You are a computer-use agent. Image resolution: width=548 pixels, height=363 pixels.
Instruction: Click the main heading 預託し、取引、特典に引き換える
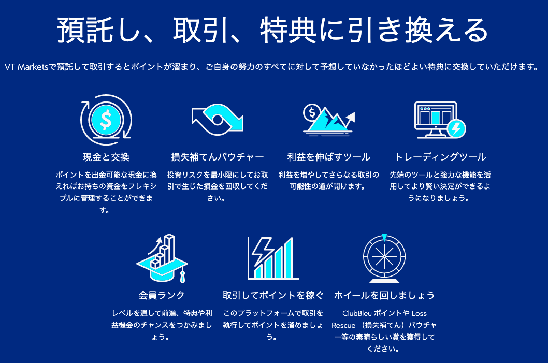(x=272, y=30)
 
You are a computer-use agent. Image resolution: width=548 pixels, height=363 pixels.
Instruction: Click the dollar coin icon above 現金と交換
(x=106, y=120)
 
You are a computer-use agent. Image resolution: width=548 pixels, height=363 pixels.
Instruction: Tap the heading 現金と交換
(x=106, y=157)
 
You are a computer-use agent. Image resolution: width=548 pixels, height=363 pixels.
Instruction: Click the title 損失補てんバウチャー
(x=218, y=157)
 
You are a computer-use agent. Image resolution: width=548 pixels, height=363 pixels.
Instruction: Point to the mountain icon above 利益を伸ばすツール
(x=329, y=120)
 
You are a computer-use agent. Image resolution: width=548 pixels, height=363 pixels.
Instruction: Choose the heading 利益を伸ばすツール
(x=329, y=157)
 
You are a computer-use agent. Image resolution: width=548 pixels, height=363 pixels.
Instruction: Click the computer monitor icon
(x=436, y=120)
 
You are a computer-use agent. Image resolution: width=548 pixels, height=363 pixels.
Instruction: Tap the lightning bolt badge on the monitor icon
(x=456, y=128)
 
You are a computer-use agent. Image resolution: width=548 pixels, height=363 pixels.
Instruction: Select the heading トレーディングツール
(x=440, y=157)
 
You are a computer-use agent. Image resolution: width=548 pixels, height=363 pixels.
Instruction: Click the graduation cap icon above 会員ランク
(x=162, y=258)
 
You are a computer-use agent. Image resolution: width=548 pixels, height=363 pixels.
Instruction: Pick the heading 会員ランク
(x=162, y=295)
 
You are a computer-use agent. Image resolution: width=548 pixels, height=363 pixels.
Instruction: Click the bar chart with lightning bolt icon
(x=273, y=258)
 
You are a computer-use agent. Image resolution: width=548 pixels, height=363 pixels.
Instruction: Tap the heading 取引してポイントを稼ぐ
(x=273, y=295)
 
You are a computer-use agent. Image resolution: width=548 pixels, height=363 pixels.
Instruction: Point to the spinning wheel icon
(x=384, y=258)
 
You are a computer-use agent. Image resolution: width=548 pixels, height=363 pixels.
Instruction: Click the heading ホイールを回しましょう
(x=384, y=295)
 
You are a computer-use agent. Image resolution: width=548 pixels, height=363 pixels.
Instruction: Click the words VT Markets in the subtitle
(x=26, y=67)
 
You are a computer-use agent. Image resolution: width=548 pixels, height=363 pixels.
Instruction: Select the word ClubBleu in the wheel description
(x=357, y=313)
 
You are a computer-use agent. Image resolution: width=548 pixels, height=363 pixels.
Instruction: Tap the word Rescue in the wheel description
(x=343, y=325)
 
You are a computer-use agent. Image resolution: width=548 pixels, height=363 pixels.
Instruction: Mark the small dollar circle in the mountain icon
(x=312, y=112)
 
